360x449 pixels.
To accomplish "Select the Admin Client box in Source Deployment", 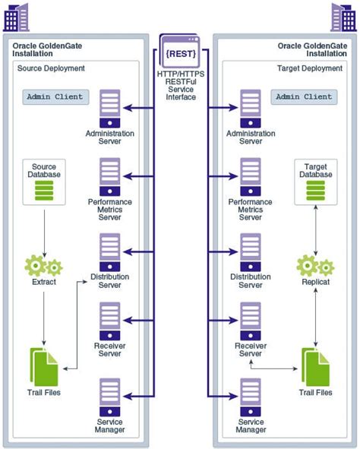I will (x=55, y=97).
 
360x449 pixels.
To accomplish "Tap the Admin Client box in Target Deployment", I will (x=303, y=97).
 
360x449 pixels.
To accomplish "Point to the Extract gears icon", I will (x=43, y=267).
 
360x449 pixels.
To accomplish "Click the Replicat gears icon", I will (x=315, y=267).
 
